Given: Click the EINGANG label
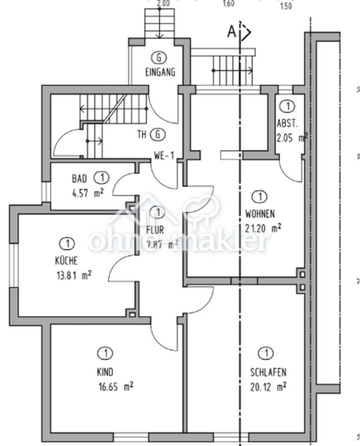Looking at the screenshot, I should (x=160, y=72).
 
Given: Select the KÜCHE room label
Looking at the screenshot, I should (x=66, y=260).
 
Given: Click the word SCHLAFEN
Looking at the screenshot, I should (x=268, y=372).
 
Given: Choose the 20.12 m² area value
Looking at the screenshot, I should (x=268, y=386).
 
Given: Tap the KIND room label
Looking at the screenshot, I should (x=105, y=372).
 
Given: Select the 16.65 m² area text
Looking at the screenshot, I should (x=115, y=386).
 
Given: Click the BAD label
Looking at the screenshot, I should (x=79, y=178).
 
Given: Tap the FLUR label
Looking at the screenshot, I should (x=155, y=230).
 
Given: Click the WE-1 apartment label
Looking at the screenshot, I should (x=164, y=157).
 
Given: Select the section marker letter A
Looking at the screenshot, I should (x=232, y=32).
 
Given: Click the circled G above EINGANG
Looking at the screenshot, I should (x=159, y=57).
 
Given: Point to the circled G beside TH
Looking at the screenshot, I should (x=158, y=134).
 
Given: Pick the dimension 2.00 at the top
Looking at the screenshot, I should (x=163, y=3).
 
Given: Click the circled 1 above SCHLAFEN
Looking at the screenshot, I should (x=266, y=353).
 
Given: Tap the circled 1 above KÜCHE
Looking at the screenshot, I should (x=66, y=243).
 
